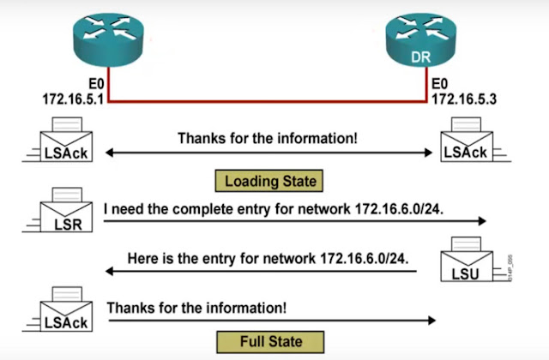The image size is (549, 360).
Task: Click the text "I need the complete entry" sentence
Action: tap(274, 208)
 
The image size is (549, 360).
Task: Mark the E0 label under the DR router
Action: tap(439, 85)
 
